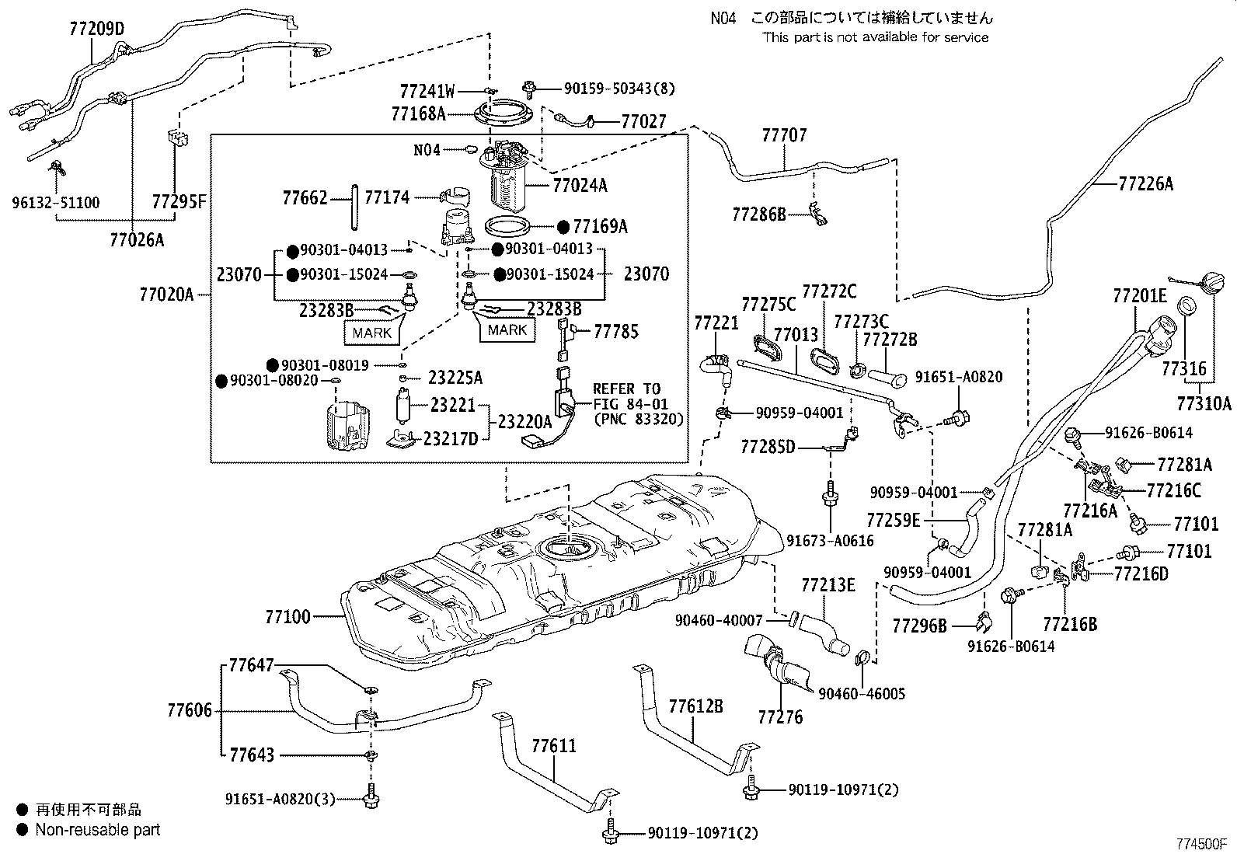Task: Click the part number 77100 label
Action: (x=287, y=617)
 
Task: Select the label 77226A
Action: (x=1145, y=184)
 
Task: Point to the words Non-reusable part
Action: (x=97, y=830)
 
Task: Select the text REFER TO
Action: (x=626, y=389)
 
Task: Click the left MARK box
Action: (x=372, y=333)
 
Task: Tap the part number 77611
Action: (x=554, y=746)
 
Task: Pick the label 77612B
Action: (x=695, y=706)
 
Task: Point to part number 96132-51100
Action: (x=55, y=204)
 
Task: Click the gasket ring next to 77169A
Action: (x=509, y=228)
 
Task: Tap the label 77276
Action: (x=780, y=716)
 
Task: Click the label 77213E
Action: (x=828, y=585)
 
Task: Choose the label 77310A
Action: (x=1204, y=403)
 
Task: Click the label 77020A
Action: (x=166, y=295)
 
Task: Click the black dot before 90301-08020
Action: (x=221, y=381)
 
